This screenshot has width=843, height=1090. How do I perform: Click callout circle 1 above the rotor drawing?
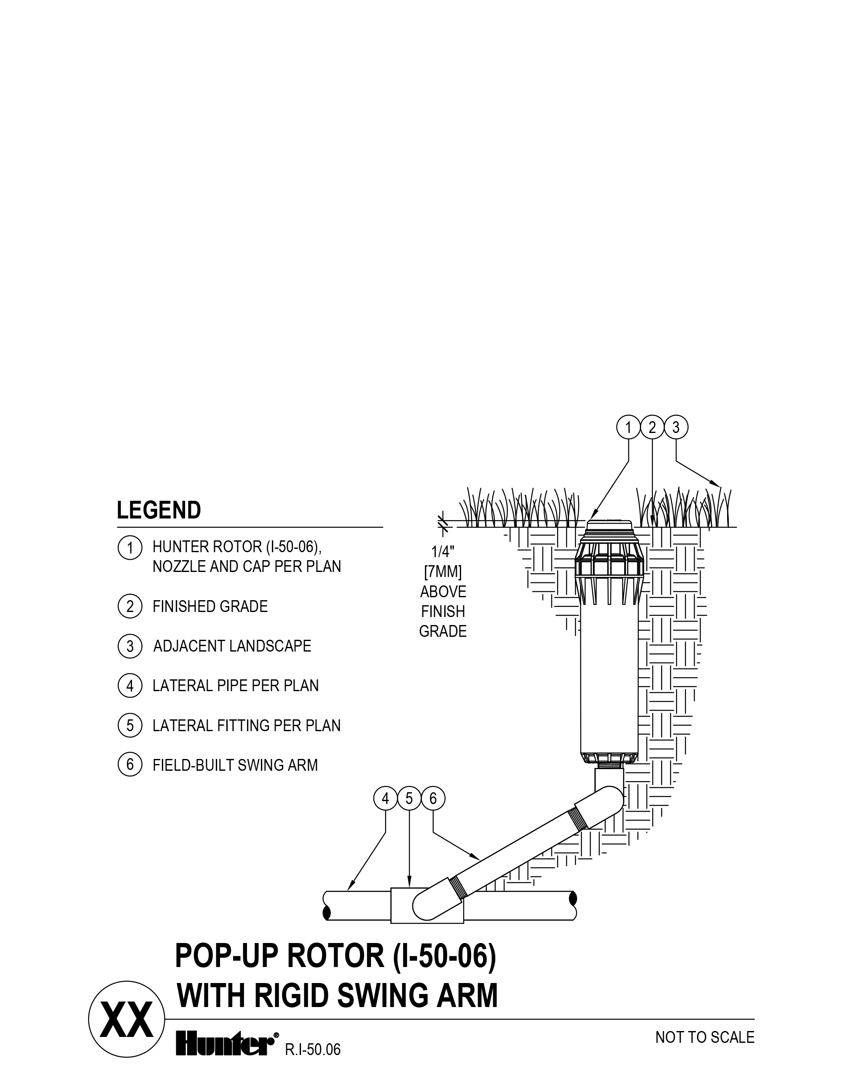(628, 428)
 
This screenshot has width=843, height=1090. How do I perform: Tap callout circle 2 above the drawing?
(652, 428)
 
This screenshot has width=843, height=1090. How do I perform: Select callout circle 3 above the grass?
(676, 428)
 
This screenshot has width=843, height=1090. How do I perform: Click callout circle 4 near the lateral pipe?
(386, 799)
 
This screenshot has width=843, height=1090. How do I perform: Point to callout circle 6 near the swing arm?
(433, 799)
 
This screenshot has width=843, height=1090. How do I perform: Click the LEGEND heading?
(159, 510)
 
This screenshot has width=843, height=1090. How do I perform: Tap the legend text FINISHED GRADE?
(210, 606)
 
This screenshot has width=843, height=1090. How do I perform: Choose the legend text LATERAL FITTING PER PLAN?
(247, 726)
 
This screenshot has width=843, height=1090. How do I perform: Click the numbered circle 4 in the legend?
(130, 686)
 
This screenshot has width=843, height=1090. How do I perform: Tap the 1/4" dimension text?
(443, 551)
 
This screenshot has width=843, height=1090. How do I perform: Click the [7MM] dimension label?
(443, 572)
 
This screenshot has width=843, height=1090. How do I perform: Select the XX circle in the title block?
(126, 1019)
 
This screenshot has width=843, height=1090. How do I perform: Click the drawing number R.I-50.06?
(313, 1050)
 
